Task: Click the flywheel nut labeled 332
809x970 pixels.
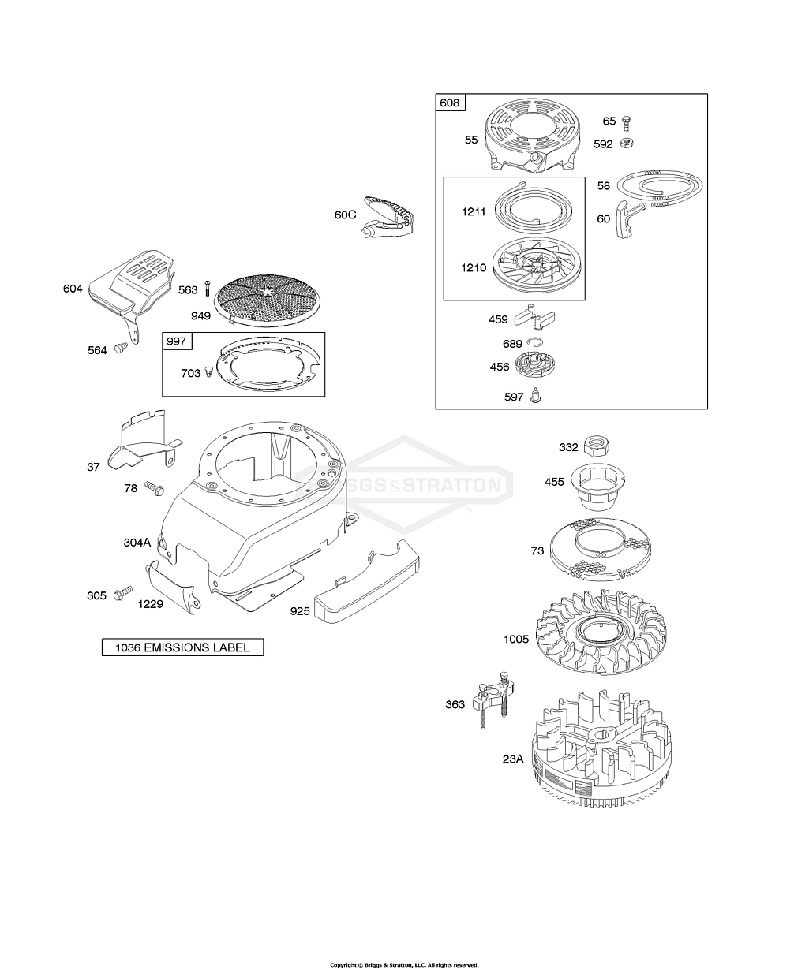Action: pos(597,446)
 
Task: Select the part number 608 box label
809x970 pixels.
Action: pos(450,103)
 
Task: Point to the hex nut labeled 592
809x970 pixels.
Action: pos(627,144)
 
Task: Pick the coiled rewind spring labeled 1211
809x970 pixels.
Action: pos(533,210)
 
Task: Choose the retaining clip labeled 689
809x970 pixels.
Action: pos(535,343)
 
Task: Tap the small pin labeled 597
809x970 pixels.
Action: pos(536,395)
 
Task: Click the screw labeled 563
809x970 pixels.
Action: pos(208,289)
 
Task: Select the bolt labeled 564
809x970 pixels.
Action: pos(121,347)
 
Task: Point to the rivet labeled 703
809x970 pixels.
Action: pos(208,372)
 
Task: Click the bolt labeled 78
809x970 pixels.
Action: pos(155,488)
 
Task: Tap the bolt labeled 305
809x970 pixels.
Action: pos(123,592)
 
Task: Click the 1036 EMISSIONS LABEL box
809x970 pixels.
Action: pos(183,647)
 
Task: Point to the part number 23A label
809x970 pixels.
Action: pos(513,759)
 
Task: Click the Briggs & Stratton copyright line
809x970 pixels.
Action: pos(404,952)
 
